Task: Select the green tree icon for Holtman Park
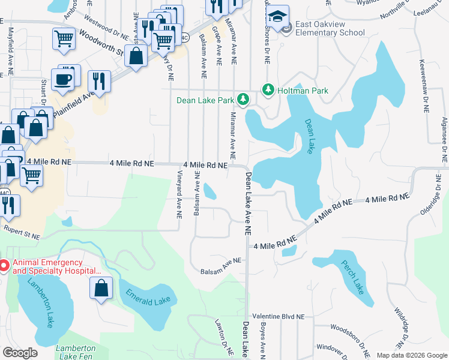click(267, 91)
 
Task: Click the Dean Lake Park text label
click(205, 100)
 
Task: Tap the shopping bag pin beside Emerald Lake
click(101, 287)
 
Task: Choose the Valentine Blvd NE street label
click(279, 316)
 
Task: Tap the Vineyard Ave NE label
click(179, 194)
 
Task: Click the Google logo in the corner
click(20, 353)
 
